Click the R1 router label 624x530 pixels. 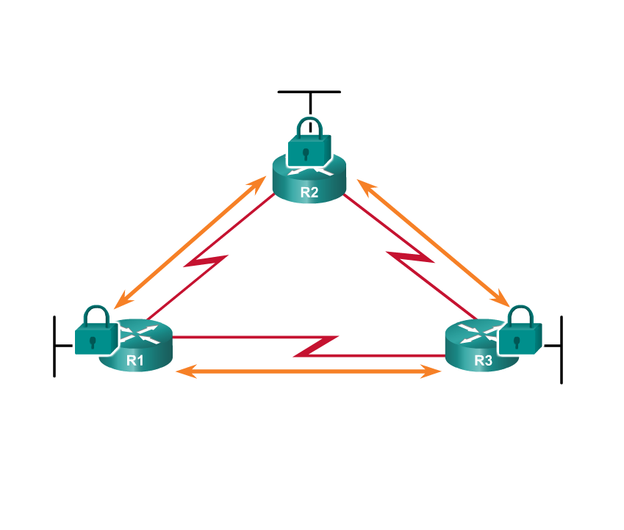[135, 360]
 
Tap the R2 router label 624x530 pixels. [309, 193]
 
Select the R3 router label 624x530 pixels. [483, 360]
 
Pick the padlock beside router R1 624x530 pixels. [96, 333]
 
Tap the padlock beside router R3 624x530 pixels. [520, 333]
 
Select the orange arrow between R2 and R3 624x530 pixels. [434, 242]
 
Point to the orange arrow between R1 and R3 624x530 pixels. [309, 372]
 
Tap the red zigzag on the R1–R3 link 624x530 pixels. [317, 346]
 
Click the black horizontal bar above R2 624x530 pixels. [309, 92]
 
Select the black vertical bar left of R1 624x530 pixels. [54, 346]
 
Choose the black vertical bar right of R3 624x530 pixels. [562, 349]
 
